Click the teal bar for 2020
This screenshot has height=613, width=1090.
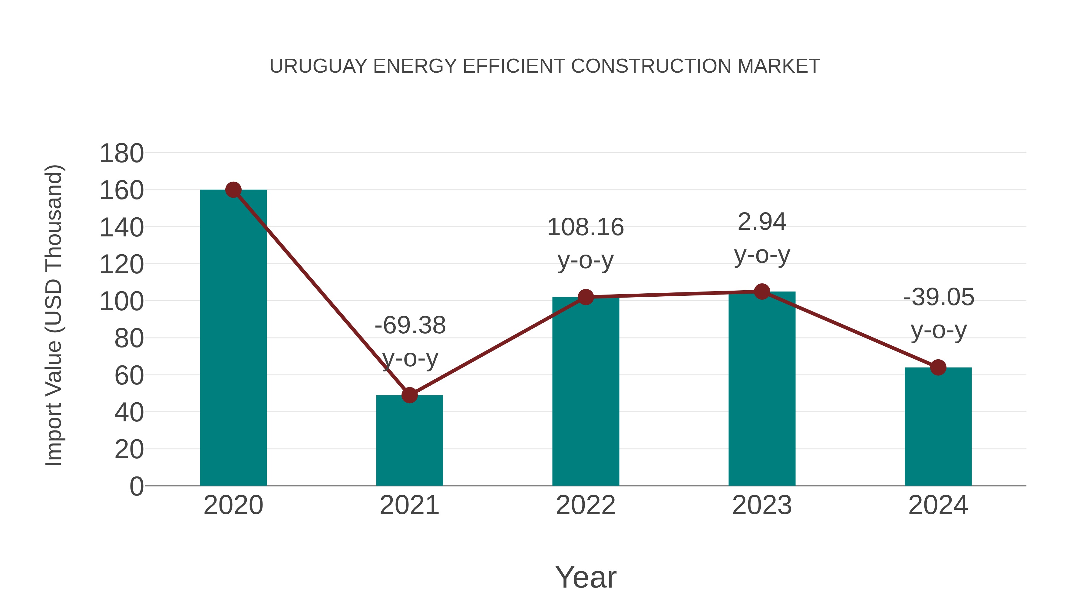coord(233,338)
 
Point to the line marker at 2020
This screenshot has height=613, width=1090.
coord(233,190)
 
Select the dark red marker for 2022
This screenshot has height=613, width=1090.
coord(586,297)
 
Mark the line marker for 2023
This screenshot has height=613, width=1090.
coord(762,292)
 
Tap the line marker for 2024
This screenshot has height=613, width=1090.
coord(938,367)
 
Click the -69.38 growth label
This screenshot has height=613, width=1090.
coord(410,325)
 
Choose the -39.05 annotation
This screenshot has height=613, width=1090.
coord(939,297)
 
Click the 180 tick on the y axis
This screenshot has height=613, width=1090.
coord(121,153)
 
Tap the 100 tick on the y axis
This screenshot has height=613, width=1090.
coord(121,302)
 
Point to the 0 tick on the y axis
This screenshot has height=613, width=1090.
coord(136,486)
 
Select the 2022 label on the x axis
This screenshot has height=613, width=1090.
coord(586,505)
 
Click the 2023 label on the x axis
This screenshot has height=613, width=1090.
coord(762,505)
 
